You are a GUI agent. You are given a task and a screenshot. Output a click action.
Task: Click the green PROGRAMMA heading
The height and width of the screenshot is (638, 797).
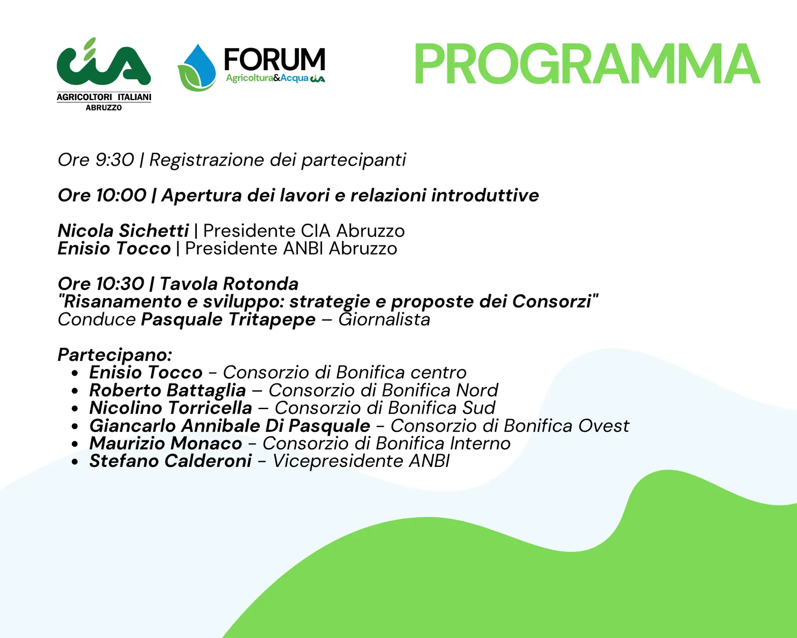pos(587,64)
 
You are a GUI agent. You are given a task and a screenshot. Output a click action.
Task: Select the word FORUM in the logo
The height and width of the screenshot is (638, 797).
pos(274,59)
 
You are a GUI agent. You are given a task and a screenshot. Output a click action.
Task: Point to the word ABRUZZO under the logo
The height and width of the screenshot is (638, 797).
pos(104,108)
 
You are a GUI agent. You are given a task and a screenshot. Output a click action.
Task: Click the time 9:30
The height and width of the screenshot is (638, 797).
pos(115,160)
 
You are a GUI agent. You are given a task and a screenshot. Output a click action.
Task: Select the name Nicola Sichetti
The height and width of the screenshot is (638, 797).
pos(123,231)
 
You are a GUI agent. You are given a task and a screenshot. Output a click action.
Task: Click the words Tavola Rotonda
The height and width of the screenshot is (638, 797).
pos(229,284)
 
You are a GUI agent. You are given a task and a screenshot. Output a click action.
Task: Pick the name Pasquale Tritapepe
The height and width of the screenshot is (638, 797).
pos(228,319)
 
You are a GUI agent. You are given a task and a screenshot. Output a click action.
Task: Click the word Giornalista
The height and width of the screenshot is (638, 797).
pos(384,319)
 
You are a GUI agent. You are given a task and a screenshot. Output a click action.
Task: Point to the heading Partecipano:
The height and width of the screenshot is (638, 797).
pos(115,355)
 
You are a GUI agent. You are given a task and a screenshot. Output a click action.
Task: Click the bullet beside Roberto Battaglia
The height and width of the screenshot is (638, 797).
pos(75,391)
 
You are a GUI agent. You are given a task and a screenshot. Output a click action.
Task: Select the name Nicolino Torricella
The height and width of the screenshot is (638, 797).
pos(171,408)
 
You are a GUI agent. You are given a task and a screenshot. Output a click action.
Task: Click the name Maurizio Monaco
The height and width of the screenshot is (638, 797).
pos(166,443)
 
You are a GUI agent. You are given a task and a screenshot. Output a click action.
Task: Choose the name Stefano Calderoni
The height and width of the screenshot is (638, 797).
pos(171,461)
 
